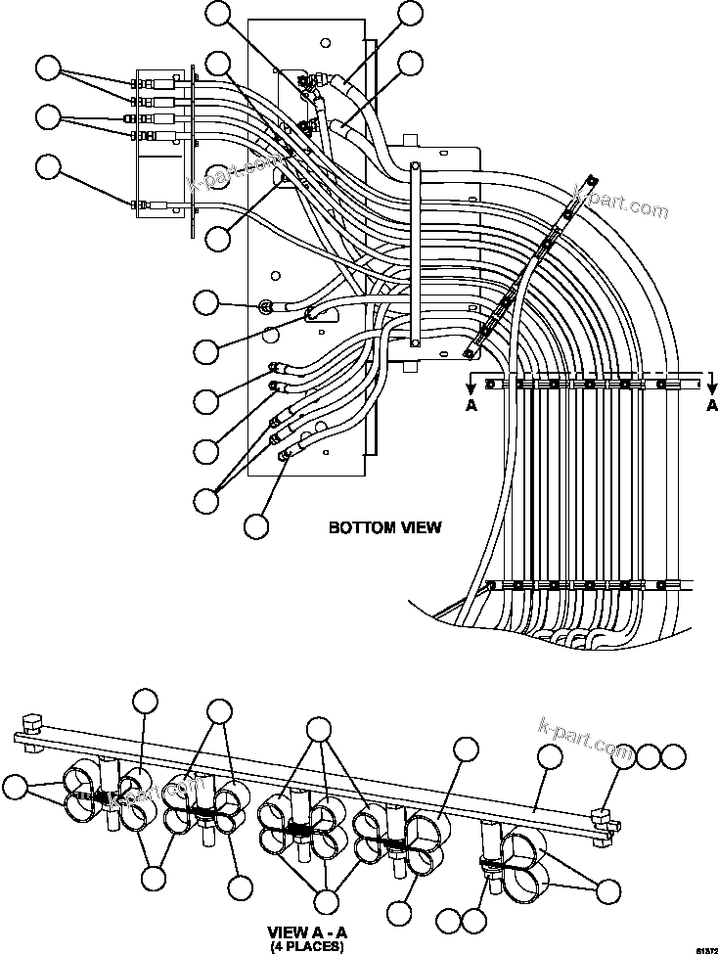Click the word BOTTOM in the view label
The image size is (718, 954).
[356, 527]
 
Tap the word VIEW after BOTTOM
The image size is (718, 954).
[418, 527]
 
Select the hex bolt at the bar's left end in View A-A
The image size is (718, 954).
[29, 727]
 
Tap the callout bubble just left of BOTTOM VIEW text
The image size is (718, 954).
[255, 525]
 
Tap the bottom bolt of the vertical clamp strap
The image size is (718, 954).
[416, 342]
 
